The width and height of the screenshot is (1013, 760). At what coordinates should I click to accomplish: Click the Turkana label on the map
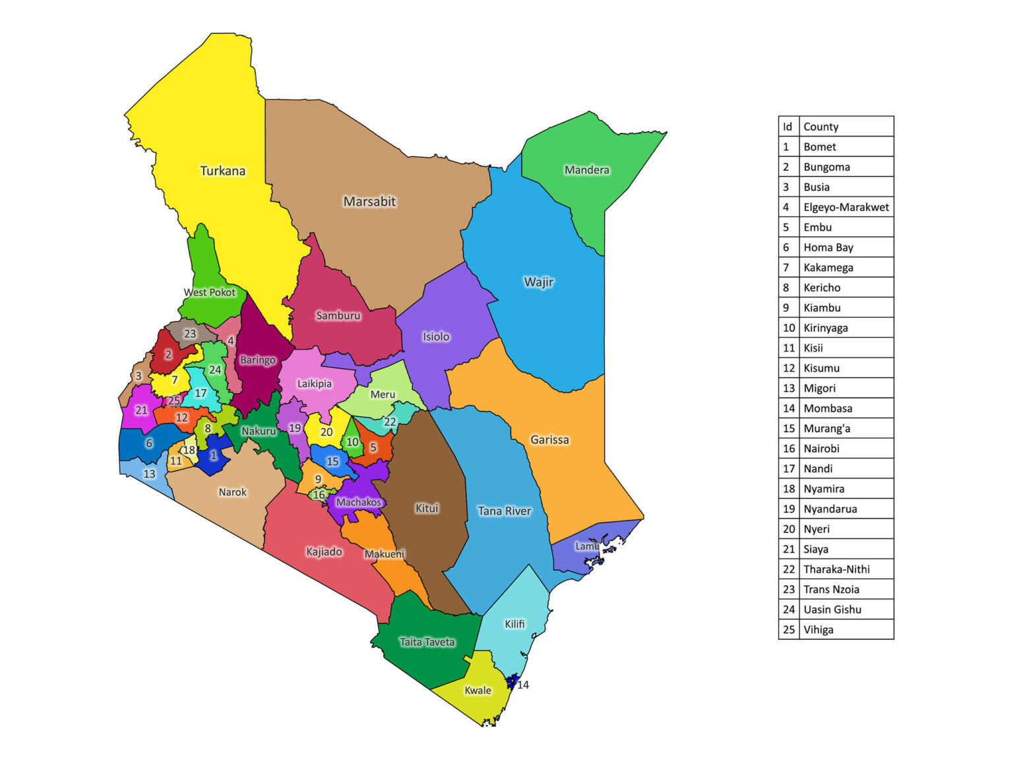(x=223, y=171)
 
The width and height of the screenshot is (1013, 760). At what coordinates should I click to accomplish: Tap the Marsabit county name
(x=369, y=202)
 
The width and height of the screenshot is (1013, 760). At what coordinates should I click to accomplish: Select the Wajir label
(x=539, y=282)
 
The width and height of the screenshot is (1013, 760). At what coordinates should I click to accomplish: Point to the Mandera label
(x=586, y=170)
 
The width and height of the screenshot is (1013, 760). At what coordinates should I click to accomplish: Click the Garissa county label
(x=549, y=440)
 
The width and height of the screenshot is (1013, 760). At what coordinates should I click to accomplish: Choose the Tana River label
(x=504, y=511)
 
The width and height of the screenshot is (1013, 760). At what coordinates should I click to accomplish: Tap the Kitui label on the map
(x=427, y=509)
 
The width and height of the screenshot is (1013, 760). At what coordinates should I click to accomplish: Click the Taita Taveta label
(x=427, y=643)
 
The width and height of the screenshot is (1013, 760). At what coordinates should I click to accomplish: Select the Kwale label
(x=477, y=691)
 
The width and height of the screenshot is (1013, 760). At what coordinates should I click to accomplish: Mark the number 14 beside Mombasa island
(x=523, y=685)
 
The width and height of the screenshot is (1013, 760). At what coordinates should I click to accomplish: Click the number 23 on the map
(x=190, y=334)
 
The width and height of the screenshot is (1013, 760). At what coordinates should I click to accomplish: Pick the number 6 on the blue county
(x=149, y=443)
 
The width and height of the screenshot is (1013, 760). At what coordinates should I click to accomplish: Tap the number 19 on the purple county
(x=295, y=428)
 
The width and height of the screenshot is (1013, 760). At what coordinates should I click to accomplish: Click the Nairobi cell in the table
(x=821, y=449)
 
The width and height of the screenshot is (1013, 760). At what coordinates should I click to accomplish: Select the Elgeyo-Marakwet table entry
(x=845, y=207)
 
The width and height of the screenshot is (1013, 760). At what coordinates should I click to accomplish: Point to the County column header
(x=820, y=127)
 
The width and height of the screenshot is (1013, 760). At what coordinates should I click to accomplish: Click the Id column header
(x=787, y=127)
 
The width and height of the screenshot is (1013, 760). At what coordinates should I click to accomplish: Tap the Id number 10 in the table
(x=789, y=328)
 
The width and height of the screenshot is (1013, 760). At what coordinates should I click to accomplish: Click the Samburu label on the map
(x=338, y=316)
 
